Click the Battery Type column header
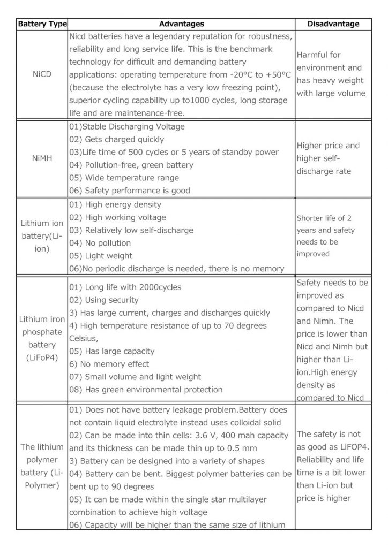(x=42, y=24)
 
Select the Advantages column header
(x=182, y=24)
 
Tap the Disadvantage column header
(x=333, y=24)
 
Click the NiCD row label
(x=42, y=74)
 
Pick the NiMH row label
(x=42, y=158)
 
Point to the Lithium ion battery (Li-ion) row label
(x=42, y=236)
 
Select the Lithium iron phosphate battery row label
(x=42, y=338)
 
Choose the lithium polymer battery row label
(x=42, y=466)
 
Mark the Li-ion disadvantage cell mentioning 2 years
(x=325, y=236)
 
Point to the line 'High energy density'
(x=115, y=204)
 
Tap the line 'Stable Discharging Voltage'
(x=127, y=127)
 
